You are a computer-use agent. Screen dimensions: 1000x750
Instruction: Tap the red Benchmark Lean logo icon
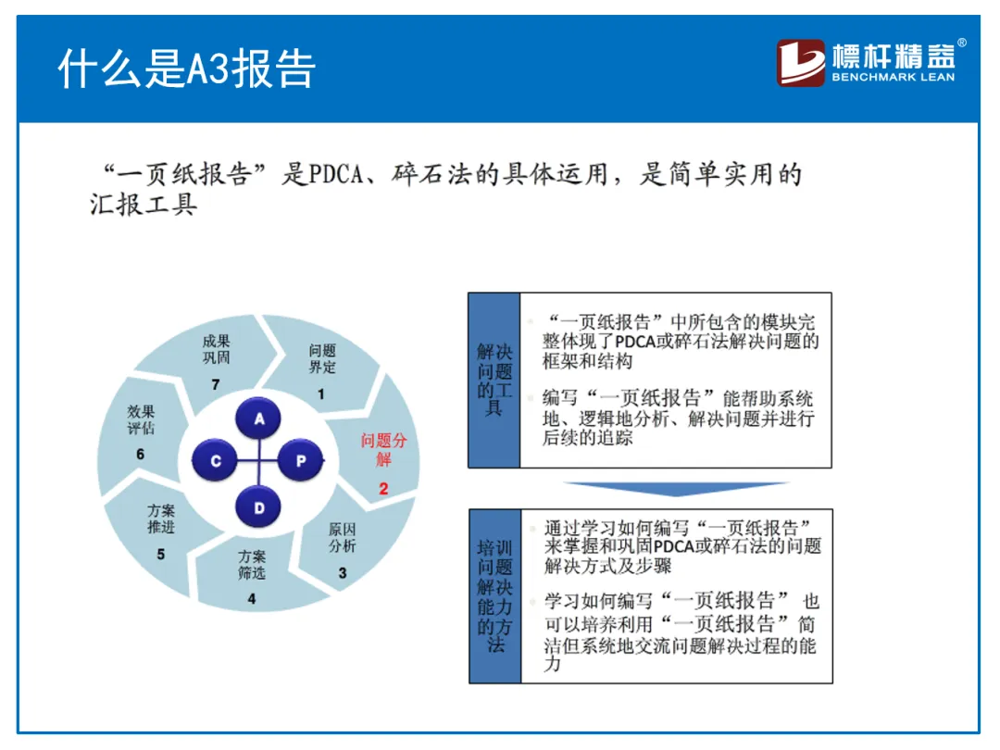801,63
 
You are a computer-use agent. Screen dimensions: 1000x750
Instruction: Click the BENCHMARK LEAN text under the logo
893,78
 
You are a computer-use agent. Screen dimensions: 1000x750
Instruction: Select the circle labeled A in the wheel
260,419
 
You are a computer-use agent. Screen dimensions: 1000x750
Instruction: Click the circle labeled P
301,460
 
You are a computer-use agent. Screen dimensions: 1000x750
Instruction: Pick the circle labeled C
217,460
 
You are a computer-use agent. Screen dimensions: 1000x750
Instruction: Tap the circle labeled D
260,506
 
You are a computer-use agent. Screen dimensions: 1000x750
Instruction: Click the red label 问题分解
383,450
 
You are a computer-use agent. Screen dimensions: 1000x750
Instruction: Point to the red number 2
383,488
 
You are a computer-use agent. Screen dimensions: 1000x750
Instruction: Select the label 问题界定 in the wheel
322,359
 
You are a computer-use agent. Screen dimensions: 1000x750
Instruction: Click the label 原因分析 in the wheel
342,538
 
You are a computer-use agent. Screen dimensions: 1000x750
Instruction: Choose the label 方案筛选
251,565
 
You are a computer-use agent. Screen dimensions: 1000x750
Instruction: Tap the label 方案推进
161,519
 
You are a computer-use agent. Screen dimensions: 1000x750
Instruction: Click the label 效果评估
141,419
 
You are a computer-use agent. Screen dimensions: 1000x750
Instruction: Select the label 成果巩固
216,349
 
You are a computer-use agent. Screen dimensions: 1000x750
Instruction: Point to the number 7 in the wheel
216,384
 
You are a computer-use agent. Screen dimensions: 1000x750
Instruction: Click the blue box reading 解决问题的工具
494,380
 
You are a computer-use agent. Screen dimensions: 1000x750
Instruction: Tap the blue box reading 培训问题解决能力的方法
494,596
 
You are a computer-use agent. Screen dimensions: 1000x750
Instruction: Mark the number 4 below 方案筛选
251,599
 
